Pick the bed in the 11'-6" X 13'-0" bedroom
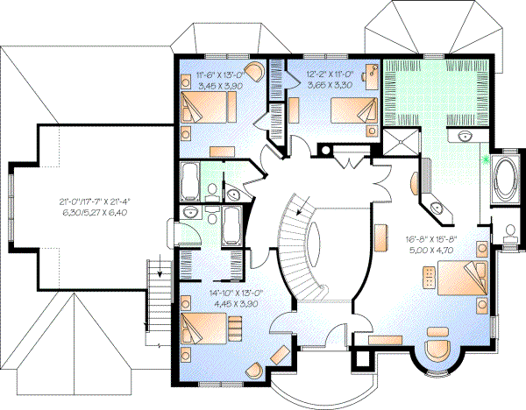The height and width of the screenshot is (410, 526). point(210,110)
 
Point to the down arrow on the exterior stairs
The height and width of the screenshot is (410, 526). point(160,272)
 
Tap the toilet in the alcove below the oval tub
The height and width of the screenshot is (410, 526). point(511,233)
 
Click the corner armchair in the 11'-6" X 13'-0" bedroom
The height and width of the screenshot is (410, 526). point(253,71)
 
